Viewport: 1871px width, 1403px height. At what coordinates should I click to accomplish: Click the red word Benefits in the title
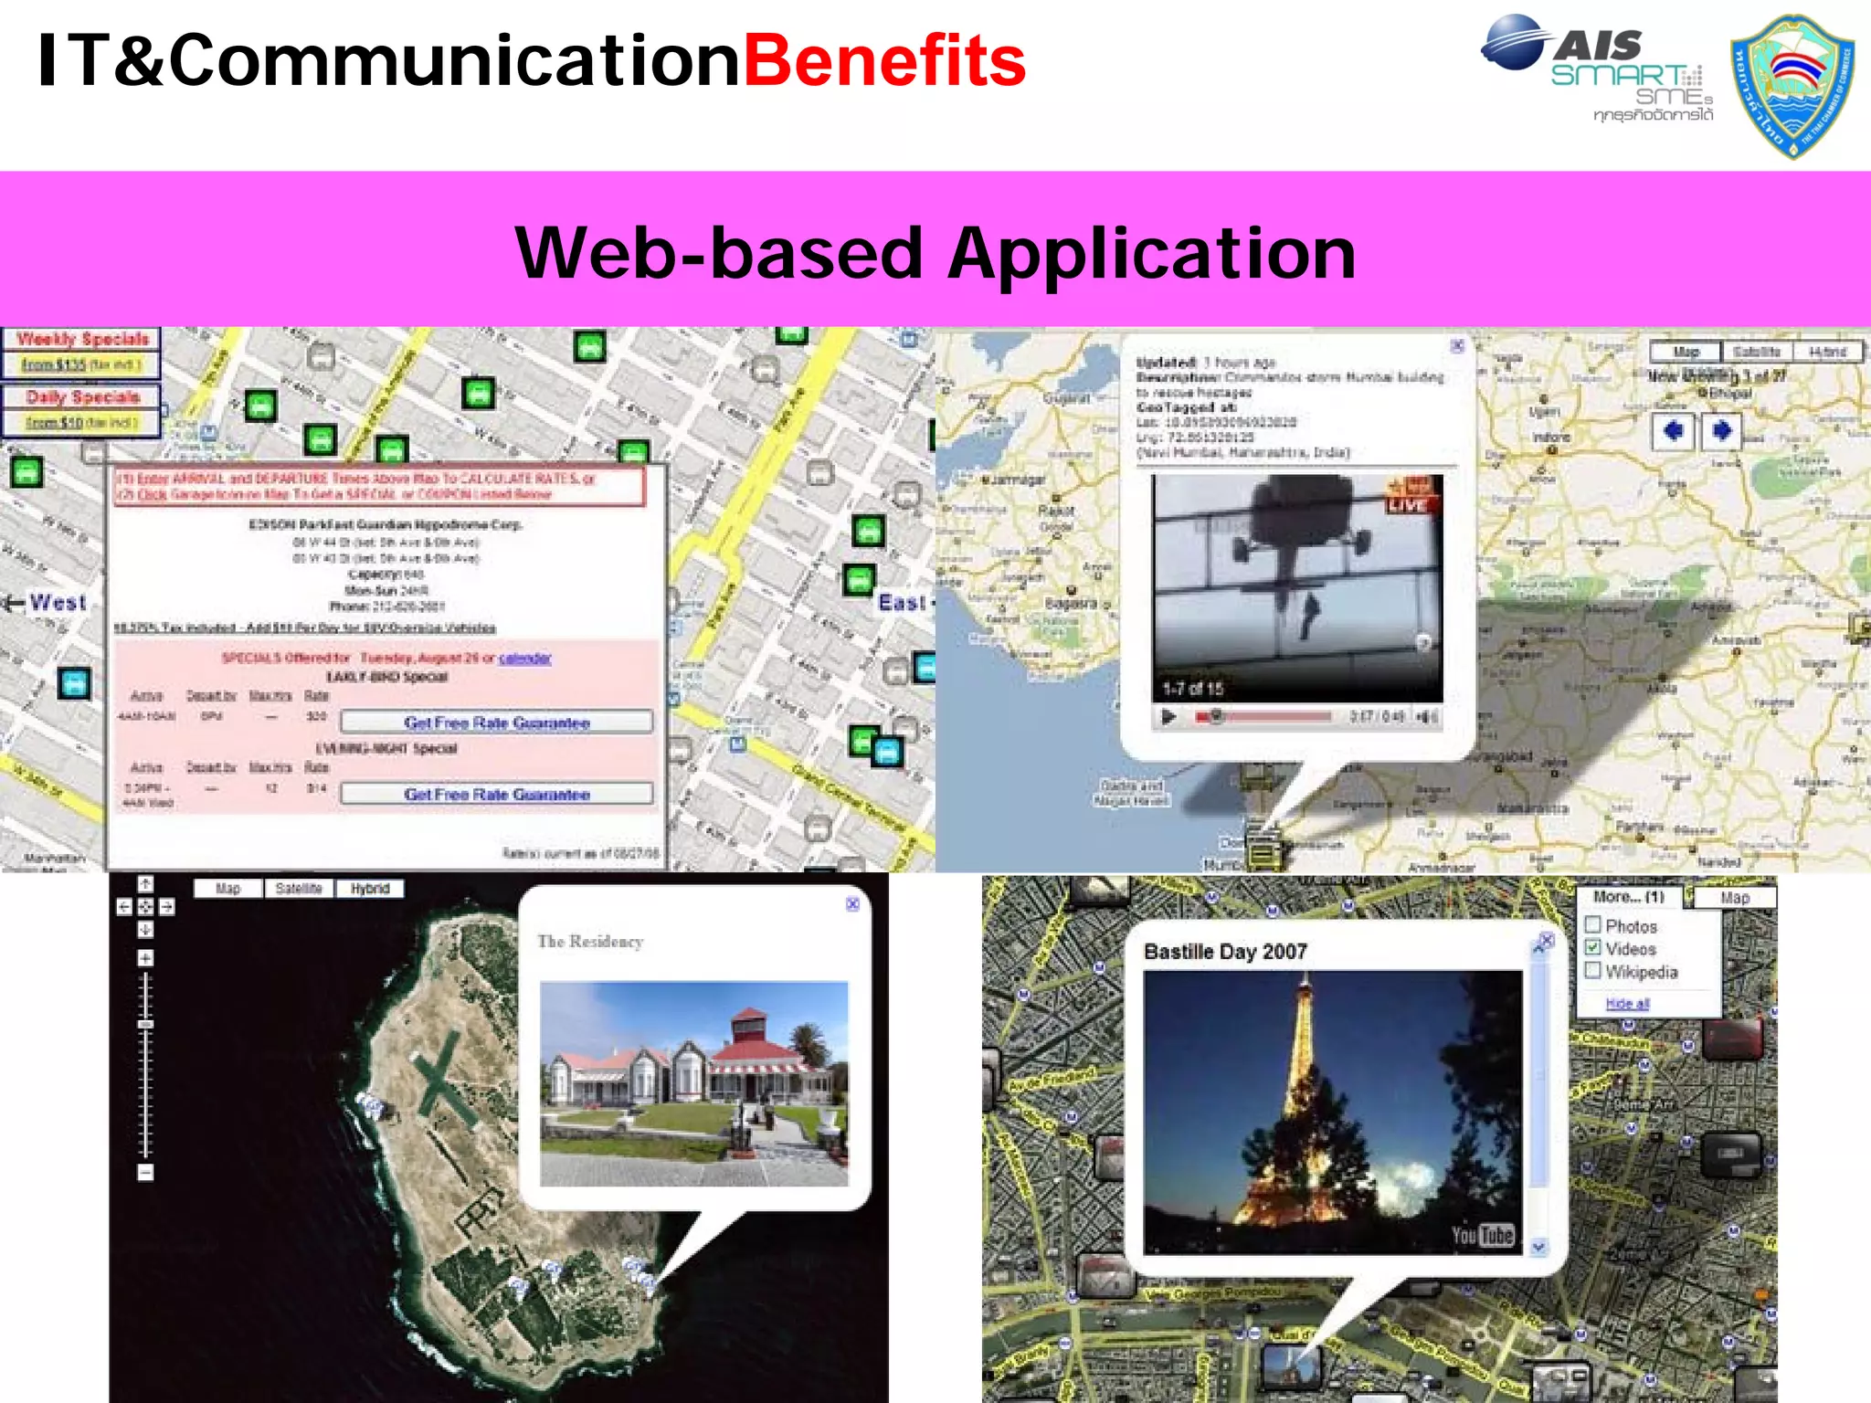pyautogui.click(x=884, y=62)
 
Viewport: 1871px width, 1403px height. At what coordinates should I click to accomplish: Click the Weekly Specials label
pyautogui.click(x=82, y=340)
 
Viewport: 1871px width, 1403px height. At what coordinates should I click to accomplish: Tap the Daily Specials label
pyautogui.click(x=82, y=397)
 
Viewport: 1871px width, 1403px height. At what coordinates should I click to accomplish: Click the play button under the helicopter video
pyautogui.click(x=1168, y=717)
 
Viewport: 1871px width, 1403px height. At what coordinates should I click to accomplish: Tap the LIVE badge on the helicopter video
pyautogui.click(x=1408, y=504)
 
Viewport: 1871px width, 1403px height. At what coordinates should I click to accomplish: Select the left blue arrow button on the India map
pyautogui.click(x=1673, y=430)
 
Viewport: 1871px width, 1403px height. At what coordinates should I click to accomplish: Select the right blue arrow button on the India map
pyautogui.click(x=1721, y=430)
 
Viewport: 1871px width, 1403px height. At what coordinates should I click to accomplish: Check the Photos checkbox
pyautogui.click(x=1593, y=924)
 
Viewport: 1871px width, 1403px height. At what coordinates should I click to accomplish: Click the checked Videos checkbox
pyautogui.click(x=1593, y=948)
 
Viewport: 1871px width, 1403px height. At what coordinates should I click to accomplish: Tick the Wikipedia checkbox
pyautogui.click(x=1593, y=971)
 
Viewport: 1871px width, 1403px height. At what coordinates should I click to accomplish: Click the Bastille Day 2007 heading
pyautogui.click(x=1225, y=952)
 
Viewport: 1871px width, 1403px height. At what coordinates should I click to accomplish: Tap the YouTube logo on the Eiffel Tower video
pyautogui.click(x=1483, y=1235)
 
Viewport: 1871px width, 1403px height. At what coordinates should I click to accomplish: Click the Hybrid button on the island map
pyautogui.click(x=369, y=889)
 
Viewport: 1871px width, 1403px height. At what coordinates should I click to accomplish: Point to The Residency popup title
pyautogui.click(x=590, y=942)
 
